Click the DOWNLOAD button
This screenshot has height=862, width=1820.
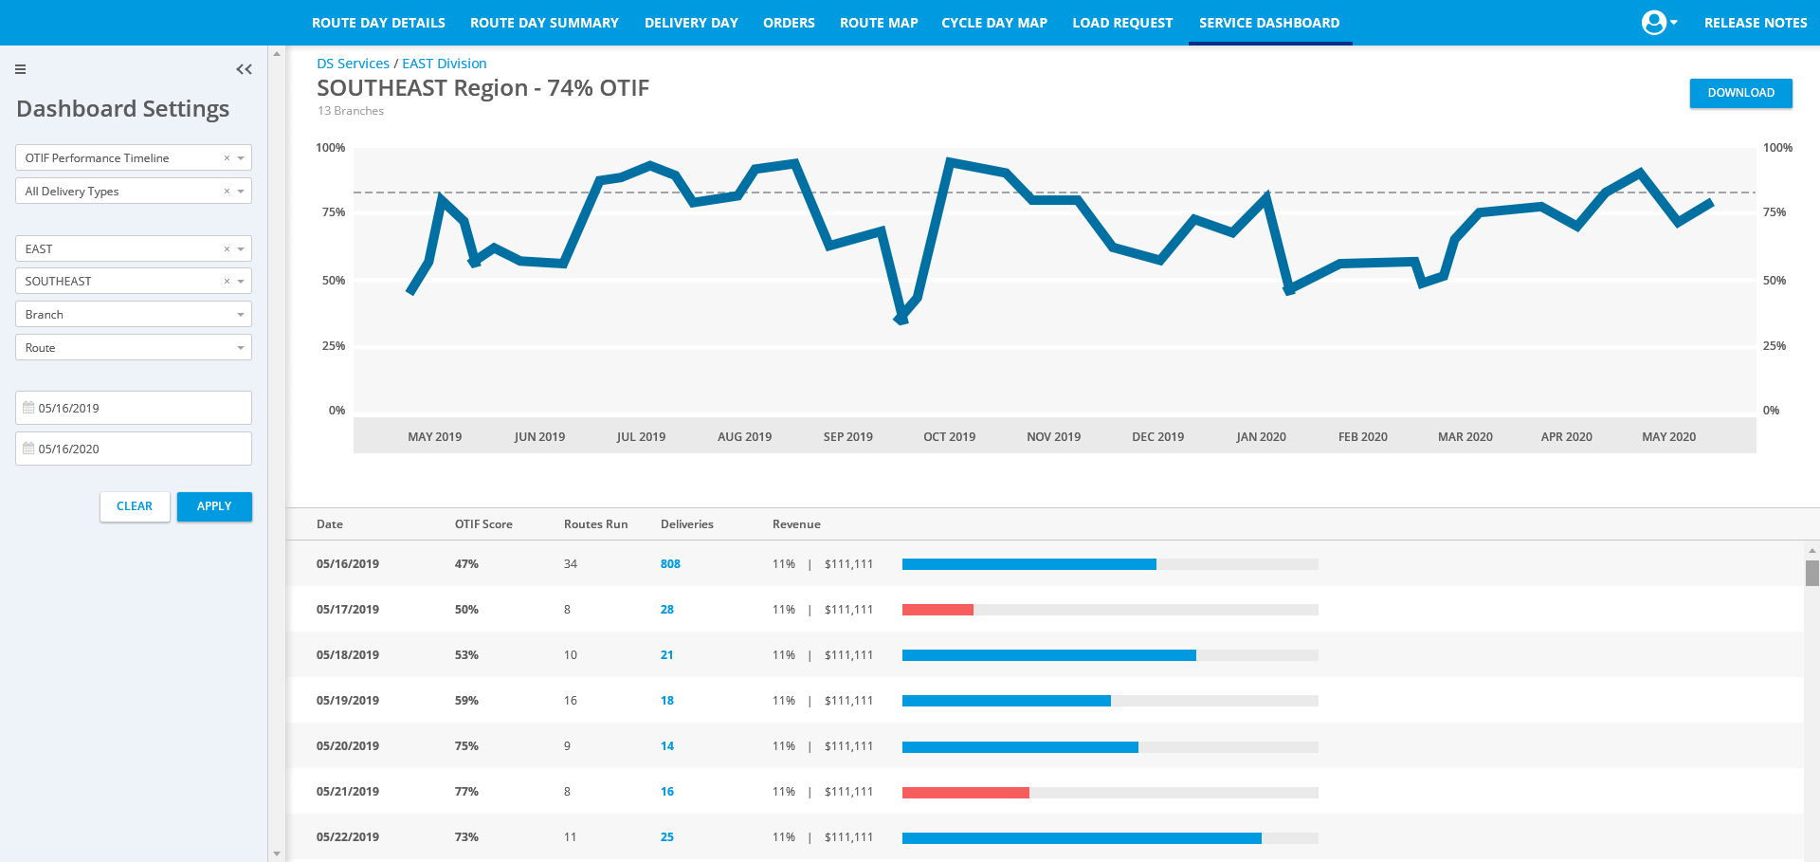(x=1740, y=93)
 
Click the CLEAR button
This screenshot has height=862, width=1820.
(x=135, y=506)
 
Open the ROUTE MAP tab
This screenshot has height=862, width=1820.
(x=878, y=23)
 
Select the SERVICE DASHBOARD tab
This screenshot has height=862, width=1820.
(x=1268, y=23)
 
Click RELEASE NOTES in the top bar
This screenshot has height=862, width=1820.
(x=1755, y=23)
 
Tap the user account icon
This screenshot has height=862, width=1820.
(x=1654, y=23)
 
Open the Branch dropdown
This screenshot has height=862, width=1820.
(x=134, y=315)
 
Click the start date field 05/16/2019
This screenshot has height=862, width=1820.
(x=134, y=408)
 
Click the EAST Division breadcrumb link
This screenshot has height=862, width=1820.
(x=444, y=64)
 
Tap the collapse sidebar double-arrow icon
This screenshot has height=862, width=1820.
(x=244, y=69)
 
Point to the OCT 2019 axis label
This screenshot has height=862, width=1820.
(x=949, y=437)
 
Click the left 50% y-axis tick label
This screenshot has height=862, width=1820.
(x=334, y=281)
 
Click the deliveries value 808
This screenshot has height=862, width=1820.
(x=670, y=564)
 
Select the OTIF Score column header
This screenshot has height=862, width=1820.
(x=483, y=524)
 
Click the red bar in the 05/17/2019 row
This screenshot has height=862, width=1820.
(x=937, y=610)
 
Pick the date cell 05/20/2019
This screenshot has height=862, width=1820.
(x=348, y=746)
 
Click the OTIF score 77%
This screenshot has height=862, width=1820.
(x=466, y=792)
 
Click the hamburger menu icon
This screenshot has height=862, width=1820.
(x=20, y=69)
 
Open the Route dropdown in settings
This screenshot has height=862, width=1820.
(x=134, y=348)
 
